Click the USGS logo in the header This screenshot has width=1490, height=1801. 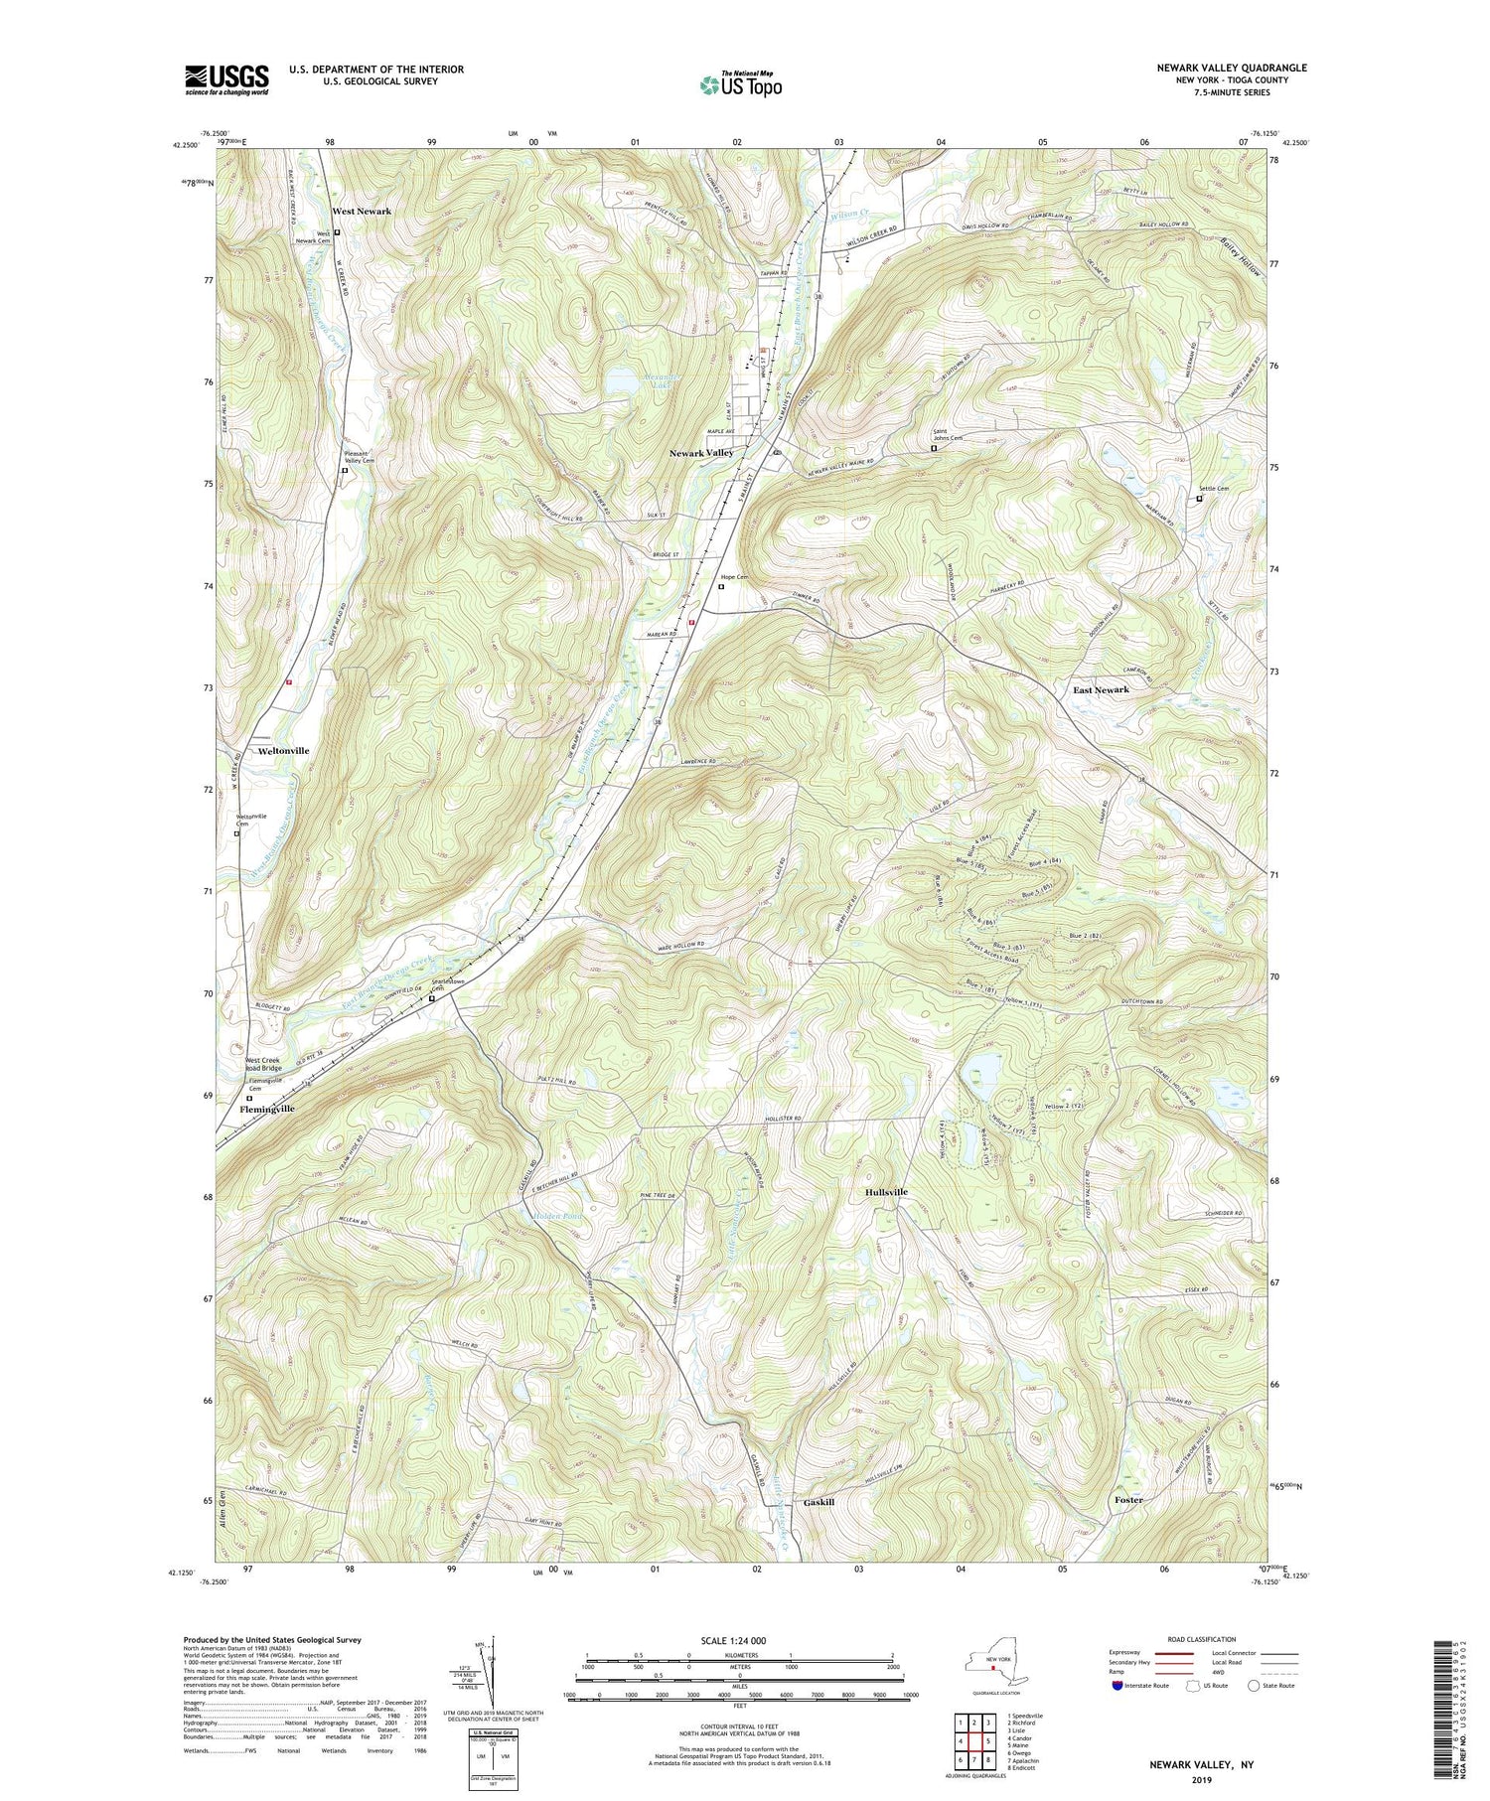pos(226,79)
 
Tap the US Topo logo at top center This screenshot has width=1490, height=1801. pos(740,84)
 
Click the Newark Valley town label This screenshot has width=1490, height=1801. pos(701,453)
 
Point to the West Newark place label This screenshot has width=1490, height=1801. pos(362,212)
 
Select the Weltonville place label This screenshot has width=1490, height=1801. pos(282,751)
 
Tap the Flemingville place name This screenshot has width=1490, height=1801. pos(267,1109)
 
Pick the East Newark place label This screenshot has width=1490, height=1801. pos(1101,689)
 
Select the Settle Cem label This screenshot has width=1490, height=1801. pos(1213,488)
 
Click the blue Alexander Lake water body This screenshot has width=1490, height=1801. pos(623,381)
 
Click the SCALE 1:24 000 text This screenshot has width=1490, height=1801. pos(740,1640)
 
